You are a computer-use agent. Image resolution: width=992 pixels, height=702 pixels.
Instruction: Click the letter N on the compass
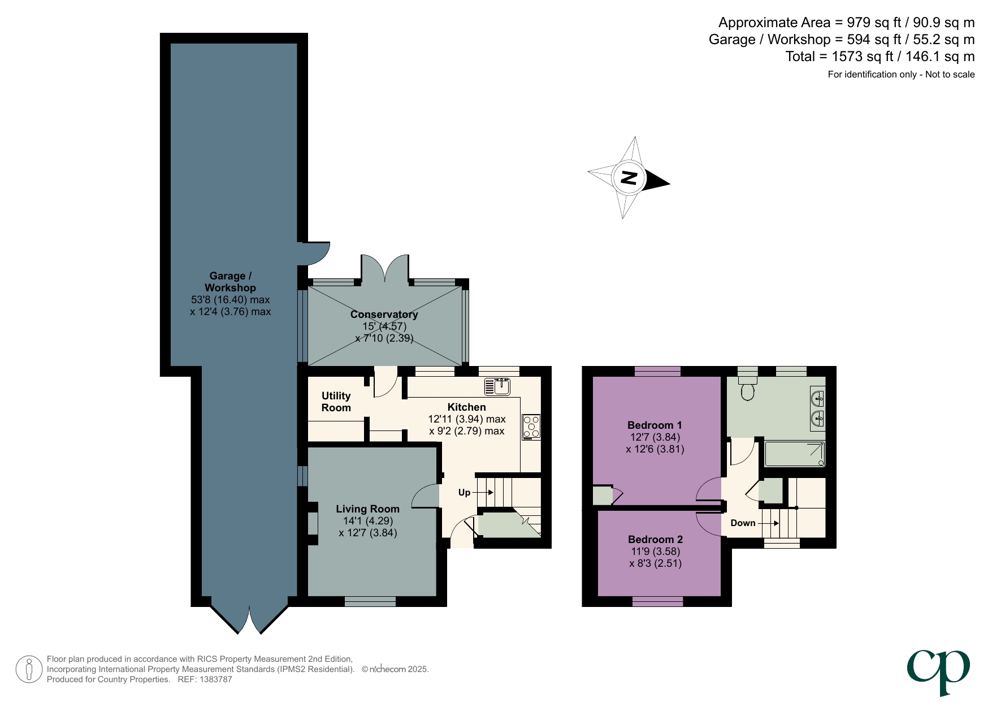coord(629,178)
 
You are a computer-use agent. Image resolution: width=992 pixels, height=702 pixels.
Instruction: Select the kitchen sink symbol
coord(497,387)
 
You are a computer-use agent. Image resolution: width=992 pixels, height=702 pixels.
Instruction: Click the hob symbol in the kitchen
coord(531,427)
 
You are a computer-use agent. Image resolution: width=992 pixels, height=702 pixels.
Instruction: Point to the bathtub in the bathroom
coord(794,454)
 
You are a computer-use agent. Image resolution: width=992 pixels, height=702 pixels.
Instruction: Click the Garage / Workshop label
coord(230,282)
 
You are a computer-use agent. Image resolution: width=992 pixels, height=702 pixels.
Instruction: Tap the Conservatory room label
coord(384,314)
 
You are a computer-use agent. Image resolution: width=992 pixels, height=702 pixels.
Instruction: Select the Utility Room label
coord(336,402)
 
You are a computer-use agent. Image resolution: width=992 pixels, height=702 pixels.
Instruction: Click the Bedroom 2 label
coord(655,539)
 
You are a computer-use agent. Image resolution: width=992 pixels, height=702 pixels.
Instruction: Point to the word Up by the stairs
coord(464,492)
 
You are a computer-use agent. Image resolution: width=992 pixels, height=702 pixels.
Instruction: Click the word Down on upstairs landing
coord(743,523)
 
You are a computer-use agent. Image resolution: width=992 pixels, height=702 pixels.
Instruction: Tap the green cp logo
coord(938,671)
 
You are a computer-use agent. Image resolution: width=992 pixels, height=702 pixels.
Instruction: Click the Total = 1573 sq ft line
coord(880,57)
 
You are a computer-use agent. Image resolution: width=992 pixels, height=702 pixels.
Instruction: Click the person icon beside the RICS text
coord(29,669)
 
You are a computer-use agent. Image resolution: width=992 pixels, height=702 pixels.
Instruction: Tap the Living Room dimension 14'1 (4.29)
coord(367,520)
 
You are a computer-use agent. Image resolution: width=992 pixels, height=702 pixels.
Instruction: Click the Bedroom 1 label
coord(655,425)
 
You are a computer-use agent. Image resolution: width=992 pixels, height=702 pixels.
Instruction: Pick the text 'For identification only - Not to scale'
coord(900,74)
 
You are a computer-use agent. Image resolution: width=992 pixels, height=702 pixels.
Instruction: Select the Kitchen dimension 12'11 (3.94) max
coord(466,419)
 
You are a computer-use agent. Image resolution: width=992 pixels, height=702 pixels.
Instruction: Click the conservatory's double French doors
coord(385,269)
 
